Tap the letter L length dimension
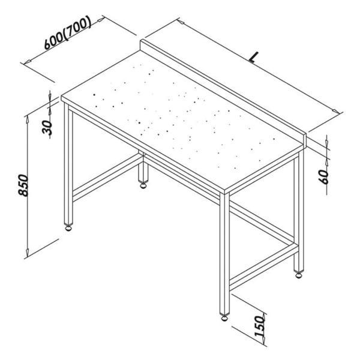[x=254, y=58]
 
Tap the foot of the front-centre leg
[x=224, y=316]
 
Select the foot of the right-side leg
[x=298, y=275]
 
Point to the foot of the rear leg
[x=144, y=185]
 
